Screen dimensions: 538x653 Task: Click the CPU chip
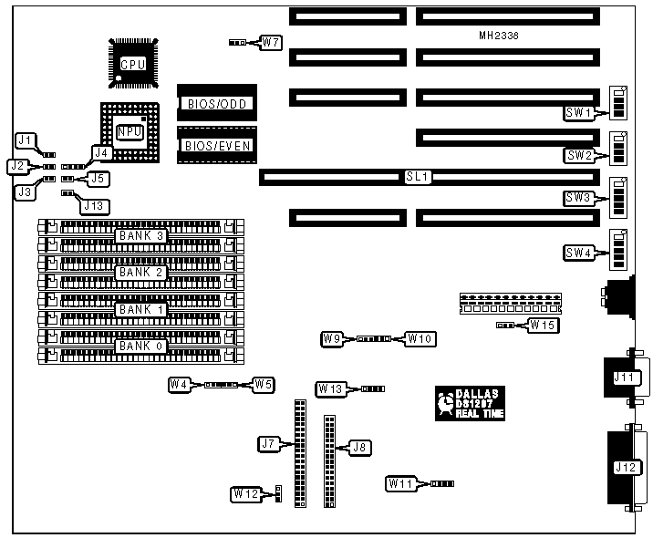point(133,63)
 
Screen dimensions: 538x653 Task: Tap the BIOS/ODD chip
point(216,102)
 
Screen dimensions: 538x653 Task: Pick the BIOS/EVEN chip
point(216,144)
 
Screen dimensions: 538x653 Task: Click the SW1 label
point(579,112)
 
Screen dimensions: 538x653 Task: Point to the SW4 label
point(579,252)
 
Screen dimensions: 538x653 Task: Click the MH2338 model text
point(505,36)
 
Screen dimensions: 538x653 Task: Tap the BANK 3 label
point(140,236)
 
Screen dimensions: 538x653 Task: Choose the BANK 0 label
point(140,347)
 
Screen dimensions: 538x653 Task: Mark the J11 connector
point(626,377)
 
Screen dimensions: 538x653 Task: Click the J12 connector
point(626,469)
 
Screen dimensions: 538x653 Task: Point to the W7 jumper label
point(270,42)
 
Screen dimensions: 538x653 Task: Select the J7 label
point(268,444)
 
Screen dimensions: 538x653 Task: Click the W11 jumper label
point(401,481)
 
